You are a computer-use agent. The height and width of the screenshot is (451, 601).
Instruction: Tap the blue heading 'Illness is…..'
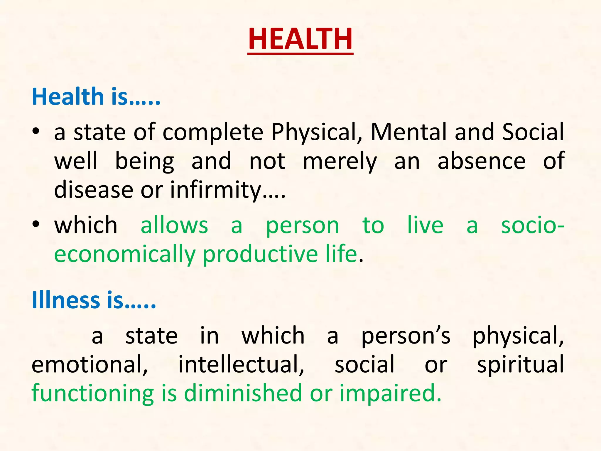point(94,300)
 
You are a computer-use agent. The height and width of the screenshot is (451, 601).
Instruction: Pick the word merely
point(340,161)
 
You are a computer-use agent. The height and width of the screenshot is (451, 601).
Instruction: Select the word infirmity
point(216,190)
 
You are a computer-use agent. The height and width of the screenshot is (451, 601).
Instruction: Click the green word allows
point(174,225)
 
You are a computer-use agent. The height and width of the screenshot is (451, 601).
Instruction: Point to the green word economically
point(125,254)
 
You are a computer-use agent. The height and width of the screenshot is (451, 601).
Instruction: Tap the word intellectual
point(241,364)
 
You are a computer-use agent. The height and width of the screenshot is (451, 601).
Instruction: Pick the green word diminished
point(243,393)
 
